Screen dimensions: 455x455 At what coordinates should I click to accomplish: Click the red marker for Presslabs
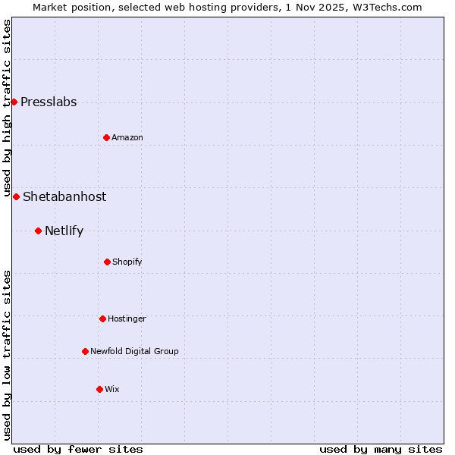click(14, 102)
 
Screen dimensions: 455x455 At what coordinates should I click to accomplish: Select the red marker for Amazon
click(106, 137)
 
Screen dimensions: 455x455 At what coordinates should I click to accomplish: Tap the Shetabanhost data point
click(16, 196)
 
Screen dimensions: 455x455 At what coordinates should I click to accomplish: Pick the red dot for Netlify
click(38, 231)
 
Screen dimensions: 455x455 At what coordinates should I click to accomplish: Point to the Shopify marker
click(107, 262)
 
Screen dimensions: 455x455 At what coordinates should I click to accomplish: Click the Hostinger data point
click(102, 318)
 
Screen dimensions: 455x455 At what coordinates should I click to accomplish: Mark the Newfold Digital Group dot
click(85, 351)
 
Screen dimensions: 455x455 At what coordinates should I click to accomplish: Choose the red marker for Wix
click(99, 389)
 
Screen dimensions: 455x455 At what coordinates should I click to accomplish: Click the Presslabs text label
click(49, 102)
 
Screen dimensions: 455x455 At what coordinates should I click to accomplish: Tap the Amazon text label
click(127, 138)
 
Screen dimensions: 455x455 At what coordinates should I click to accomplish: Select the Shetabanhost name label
click(64, 197)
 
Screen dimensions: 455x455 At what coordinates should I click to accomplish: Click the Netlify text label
click(64, 231)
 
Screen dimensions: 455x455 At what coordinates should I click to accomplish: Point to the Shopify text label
click(127, 262)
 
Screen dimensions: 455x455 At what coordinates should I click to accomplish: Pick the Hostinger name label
click(127, 319)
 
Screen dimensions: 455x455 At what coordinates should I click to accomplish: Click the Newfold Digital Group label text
click(134, 352)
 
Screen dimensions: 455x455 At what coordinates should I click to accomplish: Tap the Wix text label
click(112, 390)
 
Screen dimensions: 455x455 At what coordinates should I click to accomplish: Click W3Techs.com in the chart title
click(386, 8)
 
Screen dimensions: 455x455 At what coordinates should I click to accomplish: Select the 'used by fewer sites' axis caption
click(78, 449)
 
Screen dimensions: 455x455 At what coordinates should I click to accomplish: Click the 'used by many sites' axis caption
click(381, 449)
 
